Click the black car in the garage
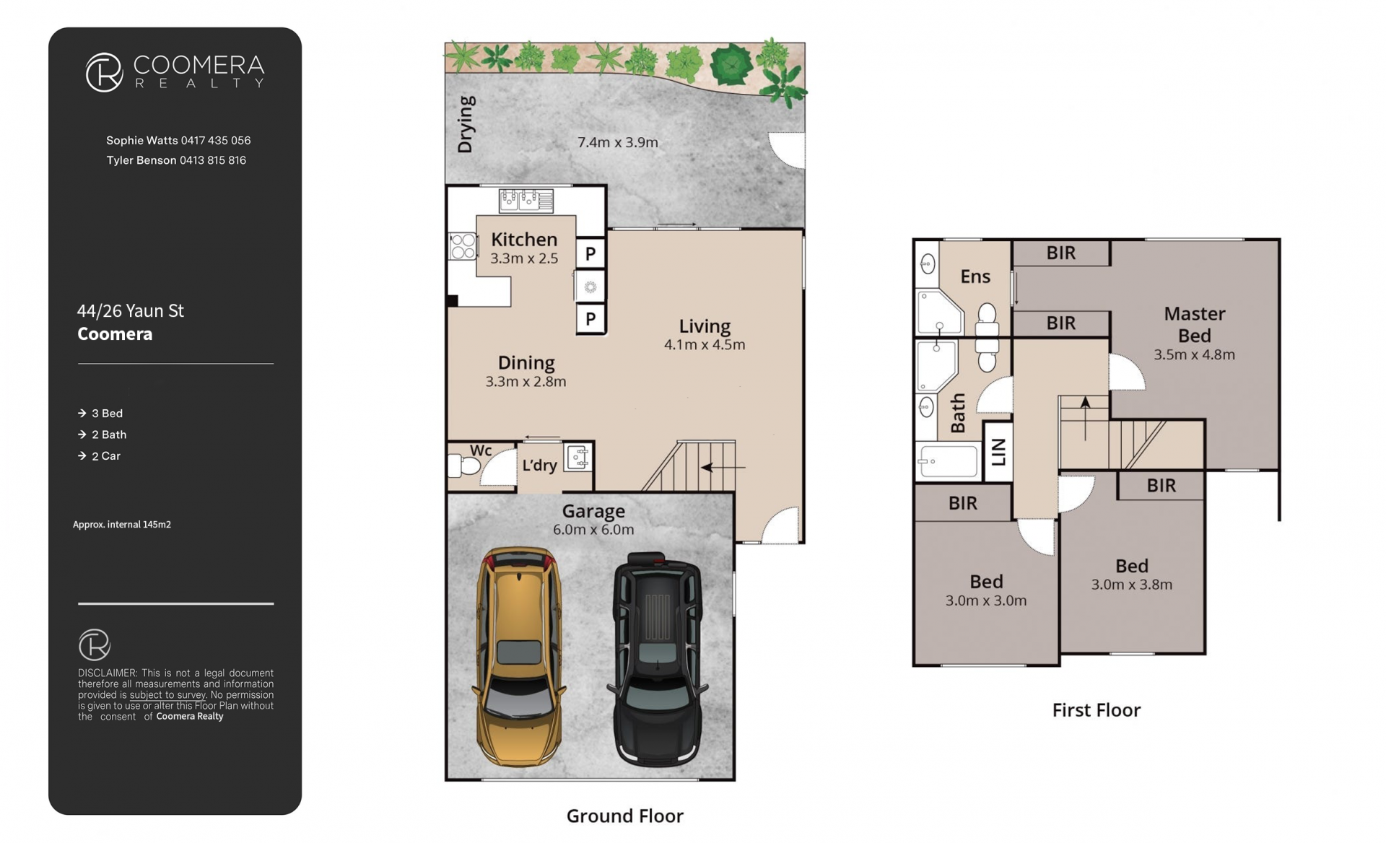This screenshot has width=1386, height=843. coord(657,658)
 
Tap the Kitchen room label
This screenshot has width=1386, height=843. coord(524,240)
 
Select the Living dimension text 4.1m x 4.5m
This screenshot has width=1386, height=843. coord(705,345)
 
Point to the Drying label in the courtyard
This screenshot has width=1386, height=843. coord(466,124)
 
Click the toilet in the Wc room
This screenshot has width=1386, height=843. coord(463,466)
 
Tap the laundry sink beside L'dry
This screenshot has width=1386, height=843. coord(578,458)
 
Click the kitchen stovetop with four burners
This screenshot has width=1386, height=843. coord(462,246)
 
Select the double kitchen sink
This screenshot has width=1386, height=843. coord(526,200)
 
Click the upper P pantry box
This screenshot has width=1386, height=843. coord(590,253)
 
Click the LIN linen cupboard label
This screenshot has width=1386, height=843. coord(999,453)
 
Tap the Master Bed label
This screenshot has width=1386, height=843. coord(1195,325)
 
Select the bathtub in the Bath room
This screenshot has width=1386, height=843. coord(948,460)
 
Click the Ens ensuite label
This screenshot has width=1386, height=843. coord(975,276)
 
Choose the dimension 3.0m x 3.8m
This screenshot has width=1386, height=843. coord(1131,585)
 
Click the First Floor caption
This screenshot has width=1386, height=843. coord(1096,710)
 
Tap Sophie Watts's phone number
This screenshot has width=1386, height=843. coord(216,141)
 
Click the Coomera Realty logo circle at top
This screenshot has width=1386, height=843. coord(104,72)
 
